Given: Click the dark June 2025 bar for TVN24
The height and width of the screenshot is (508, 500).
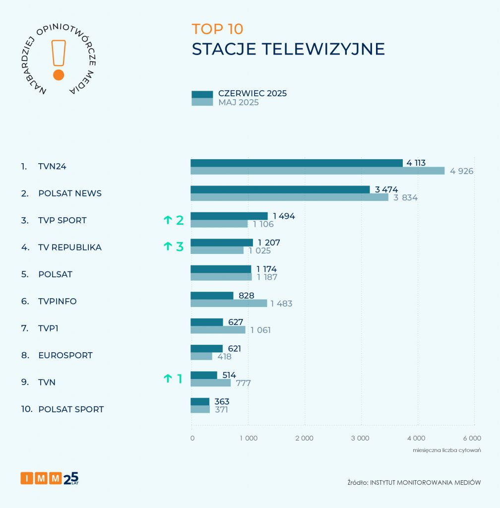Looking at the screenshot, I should coord(297,163).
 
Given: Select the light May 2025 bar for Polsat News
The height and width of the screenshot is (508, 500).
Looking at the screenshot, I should coord(290,197).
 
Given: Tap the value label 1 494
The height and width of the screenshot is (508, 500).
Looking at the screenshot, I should coord(284,216).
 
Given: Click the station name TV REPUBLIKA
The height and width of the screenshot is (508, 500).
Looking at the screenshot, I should coord(70,248).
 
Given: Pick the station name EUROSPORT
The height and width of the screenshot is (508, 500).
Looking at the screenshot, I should coord(65,356).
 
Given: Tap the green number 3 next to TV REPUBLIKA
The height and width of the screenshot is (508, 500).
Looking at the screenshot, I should coord(180,247).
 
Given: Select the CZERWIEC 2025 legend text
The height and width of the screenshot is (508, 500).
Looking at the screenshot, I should coord(252,93).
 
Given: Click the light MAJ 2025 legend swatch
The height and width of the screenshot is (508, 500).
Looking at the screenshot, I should coord(202,102).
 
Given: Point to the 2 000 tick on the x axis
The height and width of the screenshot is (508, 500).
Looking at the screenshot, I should coord(304,438).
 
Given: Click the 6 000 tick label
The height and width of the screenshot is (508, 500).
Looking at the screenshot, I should coord(472,438).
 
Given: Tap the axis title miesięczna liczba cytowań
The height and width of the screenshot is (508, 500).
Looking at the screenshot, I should coord(447,450).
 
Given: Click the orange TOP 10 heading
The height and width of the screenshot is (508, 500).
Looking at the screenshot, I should coord(217,29).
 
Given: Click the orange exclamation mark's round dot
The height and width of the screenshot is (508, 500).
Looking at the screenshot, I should coord(59,75).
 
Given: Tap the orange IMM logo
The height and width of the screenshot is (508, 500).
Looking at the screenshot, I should coord(42,478).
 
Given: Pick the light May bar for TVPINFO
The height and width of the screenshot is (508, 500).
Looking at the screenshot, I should coord(229,303).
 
